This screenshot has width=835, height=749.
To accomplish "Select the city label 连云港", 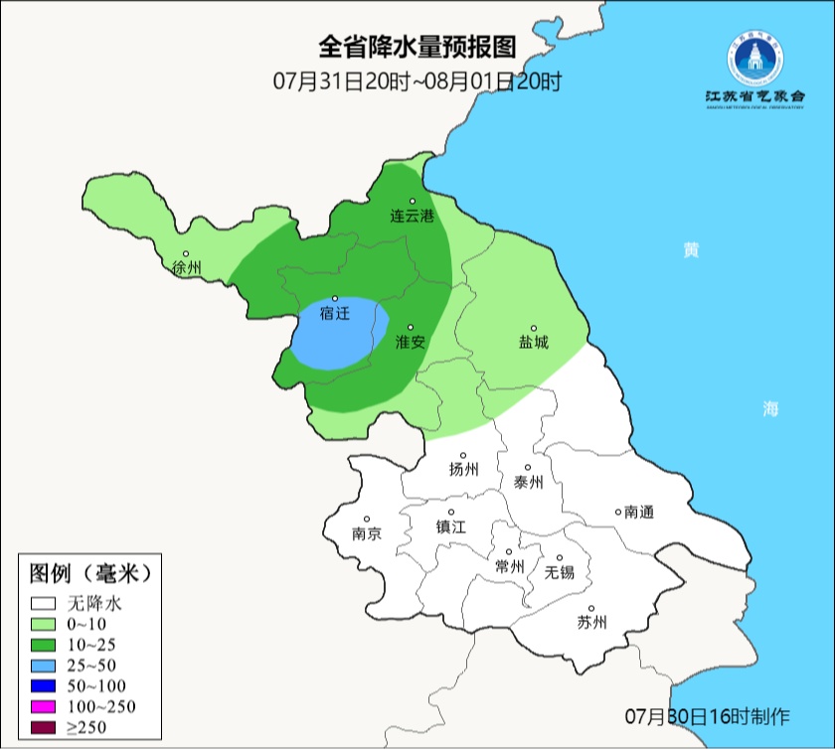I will [x=412, y=216].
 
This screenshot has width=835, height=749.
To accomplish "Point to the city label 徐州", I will [x=186, y=267].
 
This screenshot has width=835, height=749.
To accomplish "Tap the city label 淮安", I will [x=411, y=342].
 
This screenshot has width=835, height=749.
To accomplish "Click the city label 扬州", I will [x=463, y=469].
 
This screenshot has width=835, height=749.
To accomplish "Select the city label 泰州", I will [x=529, y=482].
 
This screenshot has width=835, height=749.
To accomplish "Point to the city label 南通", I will [x=638, y=513].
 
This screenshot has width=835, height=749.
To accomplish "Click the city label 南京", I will [x=367, y=533].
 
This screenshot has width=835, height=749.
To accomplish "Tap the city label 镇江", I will [x=450, y=527].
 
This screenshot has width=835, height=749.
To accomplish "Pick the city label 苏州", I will [x=591, y=623].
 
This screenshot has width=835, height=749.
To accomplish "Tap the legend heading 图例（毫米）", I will [x=89, y=573].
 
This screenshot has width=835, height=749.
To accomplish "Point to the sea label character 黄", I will [x=690, y=249].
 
